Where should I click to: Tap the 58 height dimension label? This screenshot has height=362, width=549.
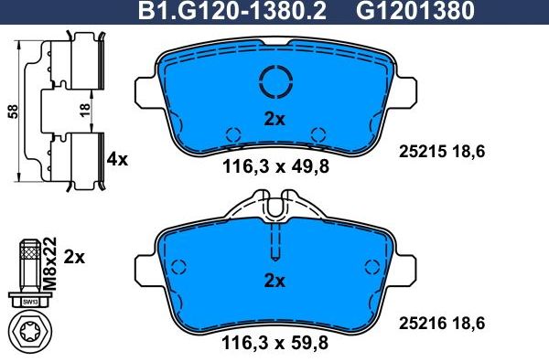pyautogui.click(x=12, y=110)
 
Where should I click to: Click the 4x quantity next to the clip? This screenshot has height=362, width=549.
pyautogui.click(x=117, y=159)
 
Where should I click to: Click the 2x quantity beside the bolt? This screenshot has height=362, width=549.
pyautogui.click(x=75, y=258)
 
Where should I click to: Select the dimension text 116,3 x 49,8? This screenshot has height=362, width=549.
pyautogui.click(x=275, y=166)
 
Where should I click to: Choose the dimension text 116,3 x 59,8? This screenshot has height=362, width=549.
pyautogui.click(x=275, y=345)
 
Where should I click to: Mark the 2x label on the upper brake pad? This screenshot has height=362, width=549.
pyautogui.click(x=275, y=118)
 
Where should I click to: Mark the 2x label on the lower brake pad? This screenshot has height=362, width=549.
pyautogui.click(x=275, y=280)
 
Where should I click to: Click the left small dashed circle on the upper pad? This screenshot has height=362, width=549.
pyautogui.click(x=233, y=133)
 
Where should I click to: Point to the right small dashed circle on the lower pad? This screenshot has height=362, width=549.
pyautogui.click(x=371, y=267)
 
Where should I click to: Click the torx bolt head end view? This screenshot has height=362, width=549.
pyautogui.click(x=31, y=332)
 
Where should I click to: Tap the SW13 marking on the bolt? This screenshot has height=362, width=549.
pyautogui.click(x=30, y=301)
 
